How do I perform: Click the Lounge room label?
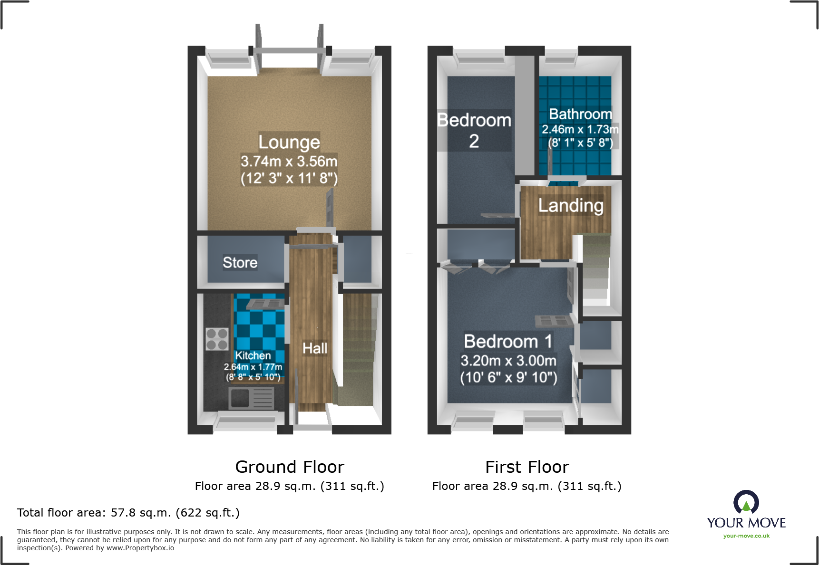(x=289, y=142)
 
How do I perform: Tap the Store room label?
(x=240, y=263)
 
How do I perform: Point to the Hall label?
(x=315, y=348)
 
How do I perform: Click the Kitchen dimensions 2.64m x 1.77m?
(x=253, y=367)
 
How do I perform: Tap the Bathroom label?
(x=580, y=114)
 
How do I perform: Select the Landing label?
(x=571, y=206)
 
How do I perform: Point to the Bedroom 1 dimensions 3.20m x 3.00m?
(x=508, y=361)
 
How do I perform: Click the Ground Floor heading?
(x=290, y=467)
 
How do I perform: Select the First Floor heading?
(x=527, y=467)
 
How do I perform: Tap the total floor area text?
(x=128, y=513)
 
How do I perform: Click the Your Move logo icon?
(x=746, y=502)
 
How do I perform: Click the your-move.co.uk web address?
(x=746, y=536)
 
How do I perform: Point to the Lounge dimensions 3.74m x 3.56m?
(x=289, y=162)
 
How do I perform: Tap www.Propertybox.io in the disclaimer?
(x=140, y=548)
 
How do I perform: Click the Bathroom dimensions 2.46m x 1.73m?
(x=580, y=129)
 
